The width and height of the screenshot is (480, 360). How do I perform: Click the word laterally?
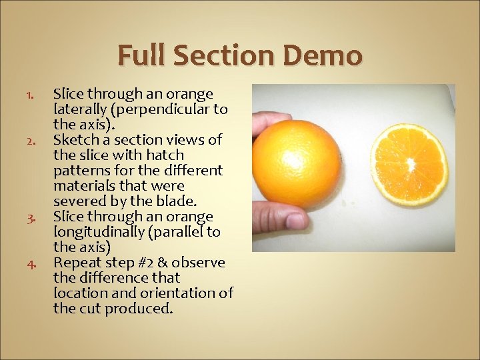79,109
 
